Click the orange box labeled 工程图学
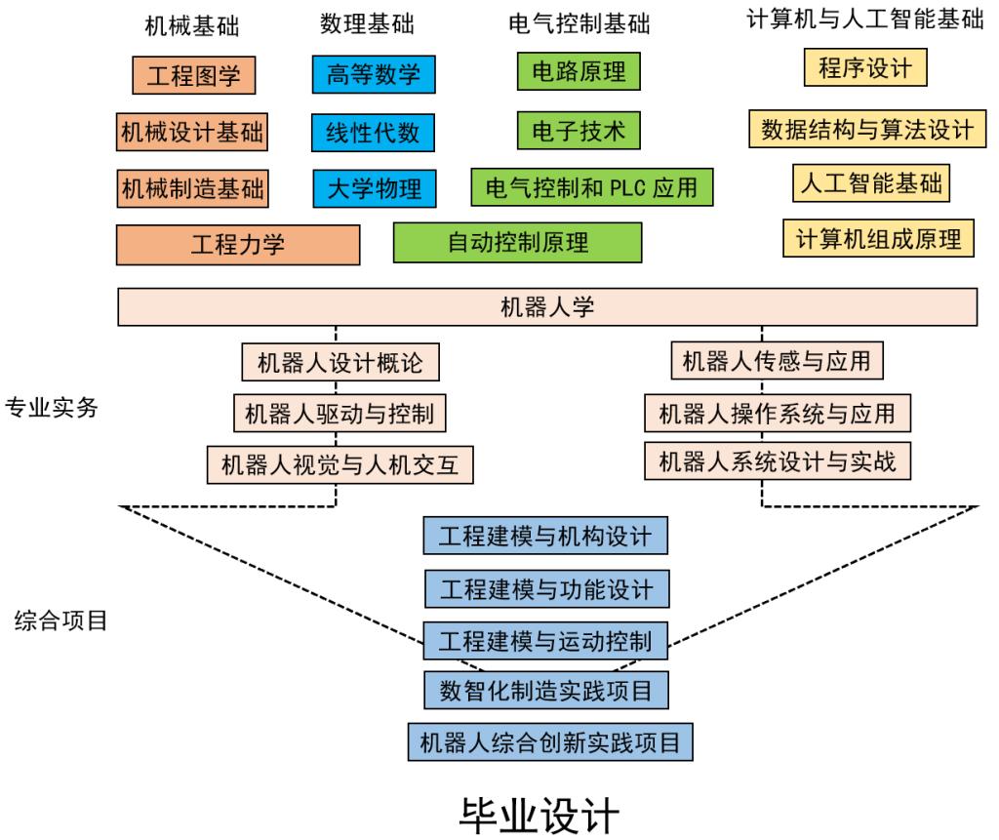[193, 75]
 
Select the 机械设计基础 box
[192, 131]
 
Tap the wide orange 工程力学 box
[238, 244]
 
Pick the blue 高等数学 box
[374, 75]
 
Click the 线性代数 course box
[374, 131]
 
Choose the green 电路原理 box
[579, 71]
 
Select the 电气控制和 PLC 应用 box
[592, 185]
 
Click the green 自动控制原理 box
[517, 242]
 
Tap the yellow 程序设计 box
[864, 68]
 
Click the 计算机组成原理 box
[878, 238]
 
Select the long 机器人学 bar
[546, 307]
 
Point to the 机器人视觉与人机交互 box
[340, 464]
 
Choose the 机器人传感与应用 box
[778, 361]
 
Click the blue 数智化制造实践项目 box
[545, 691]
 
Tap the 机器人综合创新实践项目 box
[549, 742]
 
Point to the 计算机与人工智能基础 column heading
[864, 20]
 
